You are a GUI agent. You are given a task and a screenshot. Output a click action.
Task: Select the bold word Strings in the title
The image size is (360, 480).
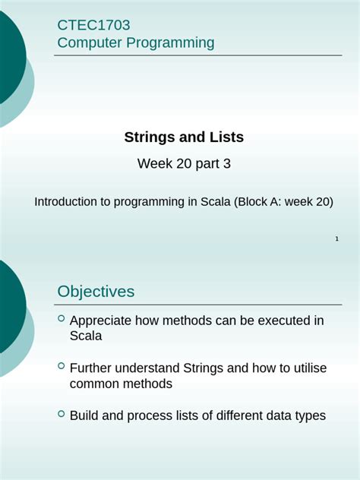click(x=149, y=137)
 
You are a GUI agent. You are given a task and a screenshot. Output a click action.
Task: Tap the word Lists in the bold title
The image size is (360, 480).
click(x=226, y=137)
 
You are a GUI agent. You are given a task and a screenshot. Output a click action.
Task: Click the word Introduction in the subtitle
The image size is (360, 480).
click(x=67, y=202)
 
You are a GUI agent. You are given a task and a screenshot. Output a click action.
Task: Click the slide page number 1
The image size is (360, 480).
click(x=336, y=240)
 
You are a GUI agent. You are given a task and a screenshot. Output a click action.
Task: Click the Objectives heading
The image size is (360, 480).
click(x=96, y=292)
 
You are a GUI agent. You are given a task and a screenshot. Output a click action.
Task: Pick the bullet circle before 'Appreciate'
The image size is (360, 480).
click(x=62, y=319)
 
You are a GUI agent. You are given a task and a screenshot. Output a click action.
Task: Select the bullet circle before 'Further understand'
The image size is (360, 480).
click(x=62, y=366)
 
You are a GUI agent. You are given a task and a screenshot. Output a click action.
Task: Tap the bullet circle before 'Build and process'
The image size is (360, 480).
click(x=62, y=414)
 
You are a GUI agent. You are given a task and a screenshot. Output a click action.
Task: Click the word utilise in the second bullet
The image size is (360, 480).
click(x=308, y=368)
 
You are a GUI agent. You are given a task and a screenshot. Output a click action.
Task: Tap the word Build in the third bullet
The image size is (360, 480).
click(x=84, y=416)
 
